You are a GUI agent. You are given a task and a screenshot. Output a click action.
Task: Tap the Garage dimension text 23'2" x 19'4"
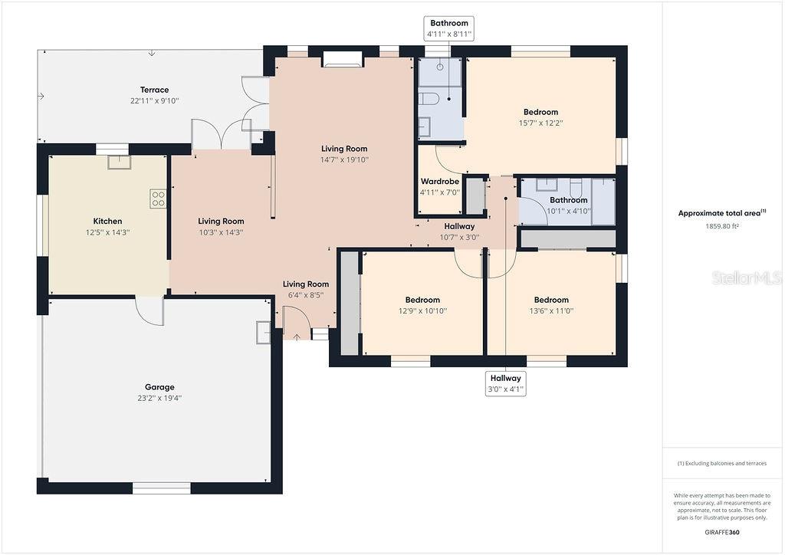tap(159, 398)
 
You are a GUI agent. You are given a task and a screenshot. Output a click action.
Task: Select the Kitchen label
tap(107, 221)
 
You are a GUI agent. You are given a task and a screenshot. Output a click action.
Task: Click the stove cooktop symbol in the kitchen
tap(158, 199)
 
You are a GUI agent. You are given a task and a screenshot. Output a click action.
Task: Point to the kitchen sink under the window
tap(119, 162)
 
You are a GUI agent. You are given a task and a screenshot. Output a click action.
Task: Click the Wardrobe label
tap(440, 182)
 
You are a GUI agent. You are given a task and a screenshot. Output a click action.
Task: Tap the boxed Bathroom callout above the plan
tap(449, 28)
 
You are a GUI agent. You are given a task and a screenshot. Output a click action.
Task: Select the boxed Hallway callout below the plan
tap(505, 383)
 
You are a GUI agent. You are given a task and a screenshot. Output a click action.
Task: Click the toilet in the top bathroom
tap(429, 98)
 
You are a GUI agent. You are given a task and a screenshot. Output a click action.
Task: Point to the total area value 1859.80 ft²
tap(721, 226)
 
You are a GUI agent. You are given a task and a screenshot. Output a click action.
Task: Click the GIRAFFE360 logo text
tap(722, 532)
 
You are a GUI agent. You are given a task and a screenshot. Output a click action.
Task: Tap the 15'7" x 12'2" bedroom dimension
tap(540, 123)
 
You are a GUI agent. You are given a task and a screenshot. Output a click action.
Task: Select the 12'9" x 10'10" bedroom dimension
tap(422, 310)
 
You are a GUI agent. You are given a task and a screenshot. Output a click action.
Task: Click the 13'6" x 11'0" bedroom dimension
tap(551, 310)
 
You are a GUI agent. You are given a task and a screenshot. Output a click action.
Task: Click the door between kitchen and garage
tap(150, 310)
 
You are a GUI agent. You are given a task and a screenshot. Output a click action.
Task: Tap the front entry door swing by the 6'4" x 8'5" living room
tap(295, 322)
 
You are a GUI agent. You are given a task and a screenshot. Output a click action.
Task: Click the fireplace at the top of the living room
tap(342, 59)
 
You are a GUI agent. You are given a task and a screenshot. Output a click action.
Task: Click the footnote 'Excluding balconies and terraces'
tap(721, 463)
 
